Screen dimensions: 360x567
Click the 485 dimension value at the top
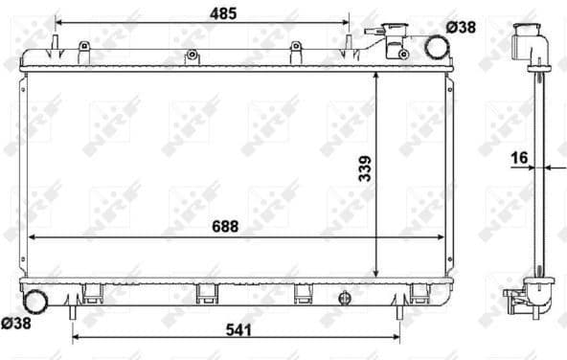224,13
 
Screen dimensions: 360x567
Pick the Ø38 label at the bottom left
16,325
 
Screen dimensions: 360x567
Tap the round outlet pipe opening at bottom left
35,301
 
